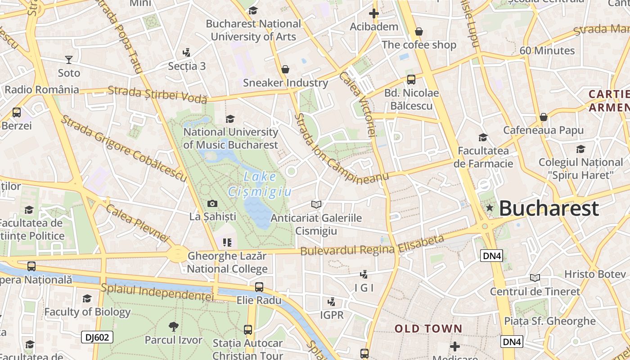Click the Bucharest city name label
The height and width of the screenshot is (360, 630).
tap(549, 208)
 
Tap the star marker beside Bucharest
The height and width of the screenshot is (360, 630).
tap(490, 208)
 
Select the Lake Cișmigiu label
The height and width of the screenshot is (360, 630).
tap(260, 184)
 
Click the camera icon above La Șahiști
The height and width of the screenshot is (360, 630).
tap(212, 204)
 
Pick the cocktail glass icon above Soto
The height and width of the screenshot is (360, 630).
tap(68, 59)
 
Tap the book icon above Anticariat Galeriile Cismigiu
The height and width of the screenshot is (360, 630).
tap(316, 205)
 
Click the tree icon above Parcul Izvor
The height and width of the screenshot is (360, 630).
tap(173, 327)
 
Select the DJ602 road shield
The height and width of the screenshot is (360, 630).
tap(97, 337)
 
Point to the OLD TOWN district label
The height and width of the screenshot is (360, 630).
tap(428, 328)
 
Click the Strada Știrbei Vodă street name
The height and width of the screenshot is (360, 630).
tap(157, 94)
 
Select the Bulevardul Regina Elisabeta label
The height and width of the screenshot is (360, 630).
tap(372, 246)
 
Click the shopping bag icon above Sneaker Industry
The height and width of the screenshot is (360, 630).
tap(285, 69)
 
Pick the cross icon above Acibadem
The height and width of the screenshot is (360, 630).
tap(373, 13)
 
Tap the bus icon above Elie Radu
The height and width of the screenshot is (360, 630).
tap(259, 287)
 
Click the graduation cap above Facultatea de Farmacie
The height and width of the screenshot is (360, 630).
tap(483, 137)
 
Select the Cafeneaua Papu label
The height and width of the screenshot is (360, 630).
tap(543, 130)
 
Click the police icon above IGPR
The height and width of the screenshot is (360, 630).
tap(332, 301)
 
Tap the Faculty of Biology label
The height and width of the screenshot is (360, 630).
tap(87, 311)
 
